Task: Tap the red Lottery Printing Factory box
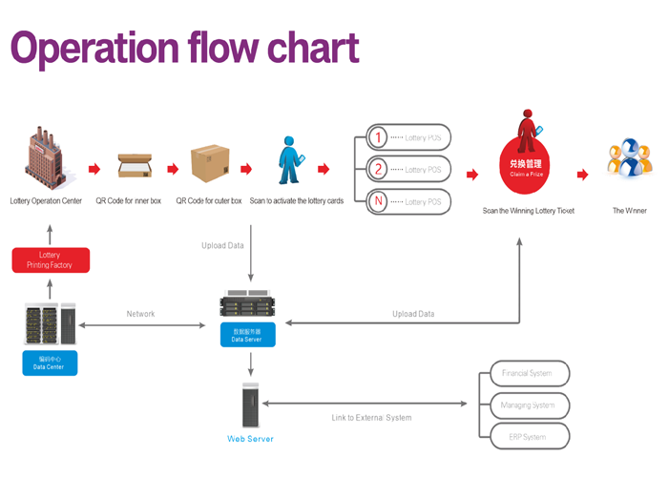point(50,259)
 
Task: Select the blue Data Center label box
point(50,363)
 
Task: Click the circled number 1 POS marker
point(378,138)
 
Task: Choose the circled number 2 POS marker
point(378,170)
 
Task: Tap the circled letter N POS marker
point(378,201)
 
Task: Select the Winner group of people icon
point(630,159)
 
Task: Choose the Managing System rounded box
point(528,404)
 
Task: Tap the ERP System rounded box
point(528,437)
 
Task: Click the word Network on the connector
point(140,314)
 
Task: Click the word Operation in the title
point(94,49)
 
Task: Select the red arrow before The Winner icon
point(582,174)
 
